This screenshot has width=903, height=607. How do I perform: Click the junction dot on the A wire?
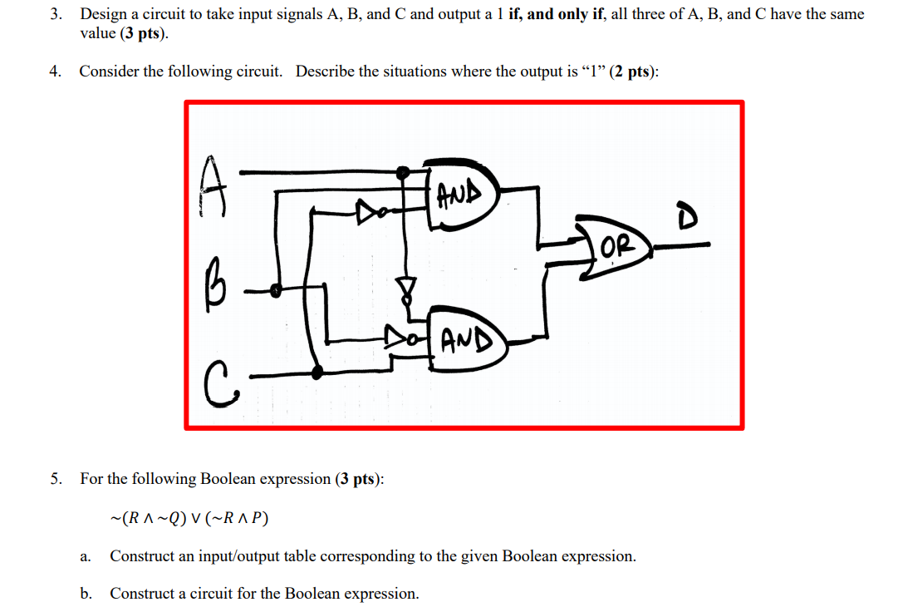pos(403,173)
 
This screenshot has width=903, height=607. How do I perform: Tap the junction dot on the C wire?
pos(317,372)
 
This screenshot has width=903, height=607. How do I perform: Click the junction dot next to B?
pos(278,289)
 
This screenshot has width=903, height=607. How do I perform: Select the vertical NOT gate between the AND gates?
pos(405,289)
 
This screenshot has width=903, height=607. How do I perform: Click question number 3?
pos(56,14)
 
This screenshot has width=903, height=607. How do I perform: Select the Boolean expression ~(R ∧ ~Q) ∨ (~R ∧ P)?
pos(190,518)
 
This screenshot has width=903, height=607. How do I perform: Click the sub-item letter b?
pos(86,594)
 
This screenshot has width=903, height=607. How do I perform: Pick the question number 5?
pos(56,479)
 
